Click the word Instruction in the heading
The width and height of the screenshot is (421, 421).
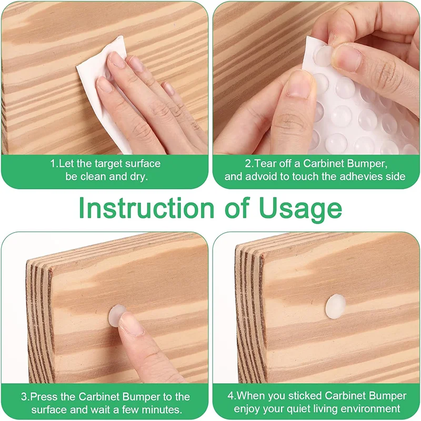[x=146, y=208]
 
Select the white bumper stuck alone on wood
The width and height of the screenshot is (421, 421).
[x=336, y=307]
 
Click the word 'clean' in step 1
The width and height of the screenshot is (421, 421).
[x=93, y=177]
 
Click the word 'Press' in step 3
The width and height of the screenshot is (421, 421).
[x=41, y=397]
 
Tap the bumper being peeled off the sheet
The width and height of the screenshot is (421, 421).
[x=324, y=56]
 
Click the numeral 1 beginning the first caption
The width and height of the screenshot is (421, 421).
[x=53, y=164]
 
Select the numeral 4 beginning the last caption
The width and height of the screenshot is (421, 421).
[x=230, y=396]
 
